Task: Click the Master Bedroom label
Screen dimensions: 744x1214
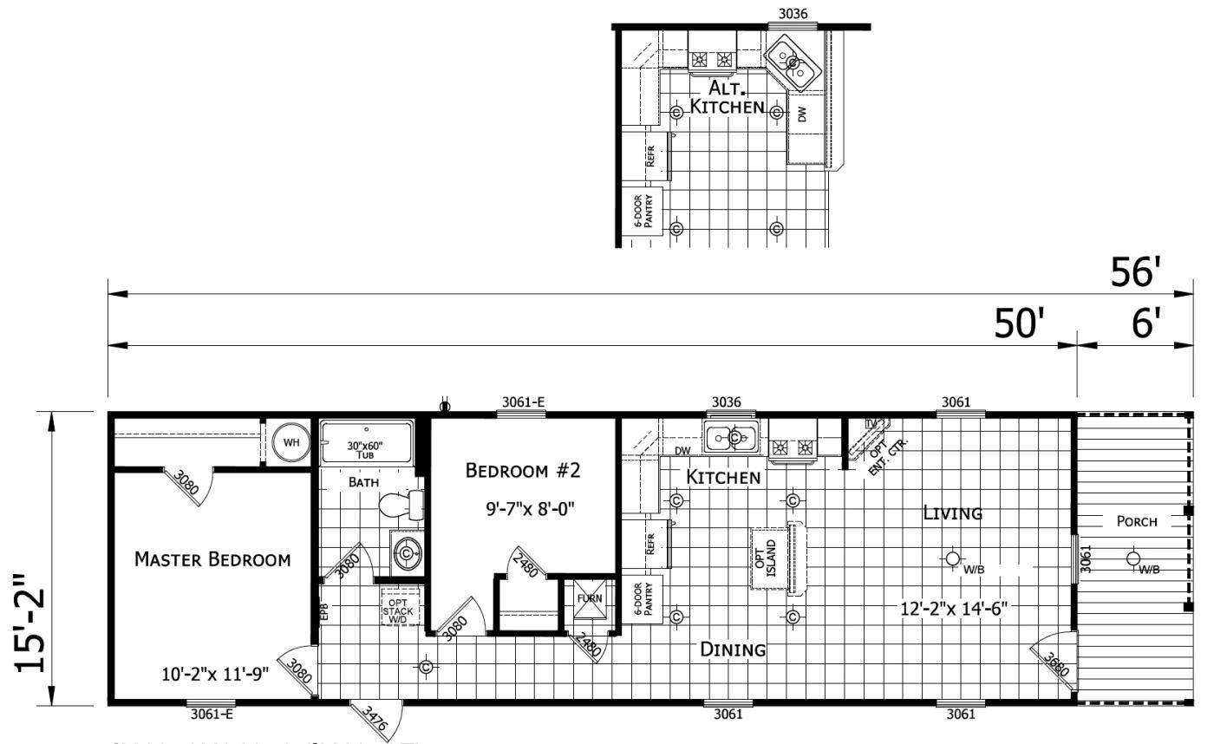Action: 212,559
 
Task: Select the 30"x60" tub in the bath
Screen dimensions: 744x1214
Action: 366,443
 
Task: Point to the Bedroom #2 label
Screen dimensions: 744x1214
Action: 522,471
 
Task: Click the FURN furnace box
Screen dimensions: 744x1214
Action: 589,599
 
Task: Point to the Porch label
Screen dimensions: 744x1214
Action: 1136,521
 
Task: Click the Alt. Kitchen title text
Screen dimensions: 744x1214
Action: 727,97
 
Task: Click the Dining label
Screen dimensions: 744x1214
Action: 733,649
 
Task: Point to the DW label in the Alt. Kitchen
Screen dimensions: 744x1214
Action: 802,114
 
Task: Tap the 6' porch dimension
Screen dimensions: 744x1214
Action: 1145,324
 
